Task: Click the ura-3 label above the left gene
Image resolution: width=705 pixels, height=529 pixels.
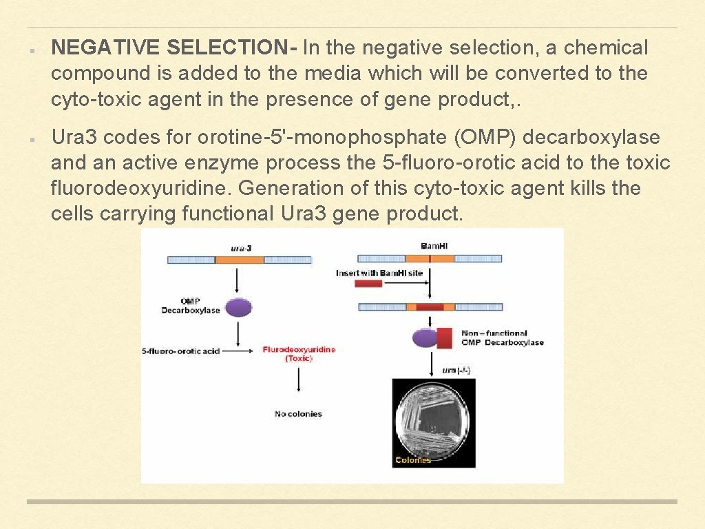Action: point(240,247)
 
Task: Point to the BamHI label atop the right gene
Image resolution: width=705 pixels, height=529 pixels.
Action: point(434,246)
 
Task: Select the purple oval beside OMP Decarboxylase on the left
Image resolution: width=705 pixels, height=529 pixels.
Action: point(238,307)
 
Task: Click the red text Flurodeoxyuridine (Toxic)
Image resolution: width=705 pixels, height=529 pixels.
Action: point(299,354)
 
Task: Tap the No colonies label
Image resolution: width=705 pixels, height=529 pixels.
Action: point(298,414)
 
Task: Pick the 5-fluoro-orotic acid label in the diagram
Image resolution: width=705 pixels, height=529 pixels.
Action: point(181,351)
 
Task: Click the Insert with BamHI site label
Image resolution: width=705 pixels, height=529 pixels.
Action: point(379,273)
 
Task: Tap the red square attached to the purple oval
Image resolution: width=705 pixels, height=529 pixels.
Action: point(445,338)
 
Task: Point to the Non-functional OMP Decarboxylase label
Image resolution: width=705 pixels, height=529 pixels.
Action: point(502,338)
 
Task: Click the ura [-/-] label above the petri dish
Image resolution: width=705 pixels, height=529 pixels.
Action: point(455,371)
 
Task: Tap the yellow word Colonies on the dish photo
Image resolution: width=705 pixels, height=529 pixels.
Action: point(413,460)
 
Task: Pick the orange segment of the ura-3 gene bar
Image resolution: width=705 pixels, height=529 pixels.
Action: point(240,260)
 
